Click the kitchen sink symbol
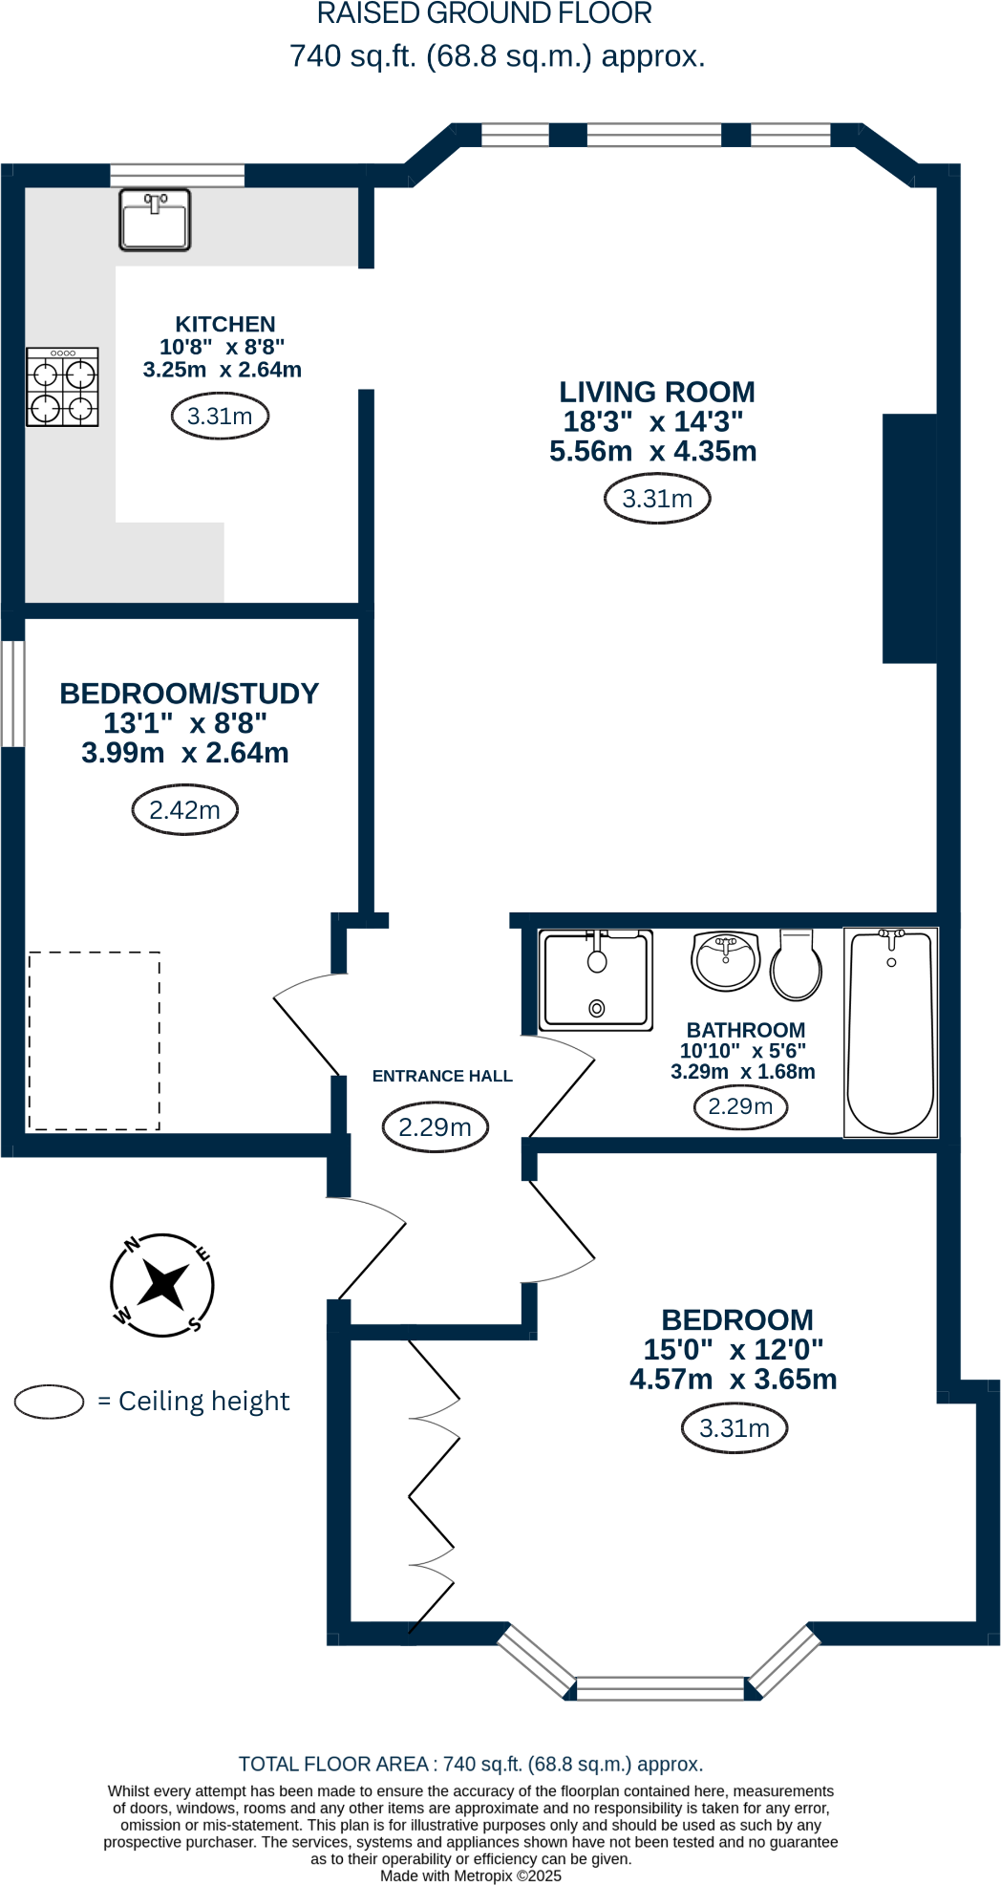(155, 220)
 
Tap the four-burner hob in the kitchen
(62, 387)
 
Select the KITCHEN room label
(225, 325)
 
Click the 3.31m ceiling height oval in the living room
(657, 499)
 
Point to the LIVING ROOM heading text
(657, 392)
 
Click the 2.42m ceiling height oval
(184, 810)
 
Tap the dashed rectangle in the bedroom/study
(94, 1040)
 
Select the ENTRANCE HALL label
(442, 1076)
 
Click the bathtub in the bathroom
(890, 1032)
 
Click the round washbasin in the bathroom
(726, 961)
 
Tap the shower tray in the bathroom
(596, 980)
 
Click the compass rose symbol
(162, 1285)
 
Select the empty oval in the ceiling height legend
(50, 1402)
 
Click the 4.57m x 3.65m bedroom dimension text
(733, 1380)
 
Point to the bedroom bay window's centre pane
(660, 1687)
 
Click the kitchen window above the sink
(177, 175)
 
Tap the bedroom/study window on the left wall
(12, 693)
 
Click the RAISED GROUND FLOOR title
(484, 14)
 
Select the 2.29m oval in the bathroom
(739, 1106)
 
